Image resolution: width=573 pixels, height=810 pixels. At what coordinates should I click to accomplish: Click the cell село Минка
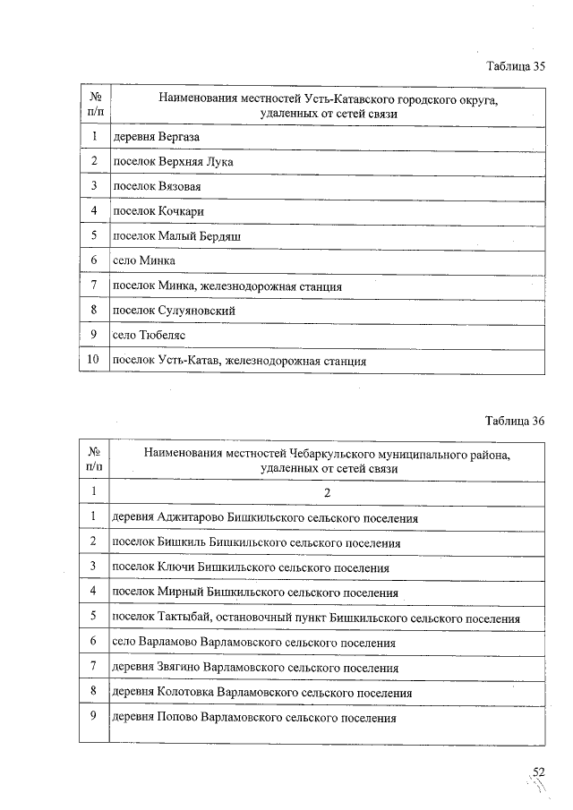[x=144, y=260]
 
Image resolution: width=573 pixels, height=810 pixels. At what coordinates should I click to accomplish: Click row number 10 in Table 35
[x=93, y=360]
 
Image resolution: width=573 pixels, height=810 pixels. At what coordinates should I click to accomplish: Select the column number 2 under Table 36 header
[x=327, y=491]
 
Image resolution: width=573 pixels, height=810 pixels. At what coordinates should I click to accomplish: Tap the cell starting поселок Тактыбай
[x=315, y=618]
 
